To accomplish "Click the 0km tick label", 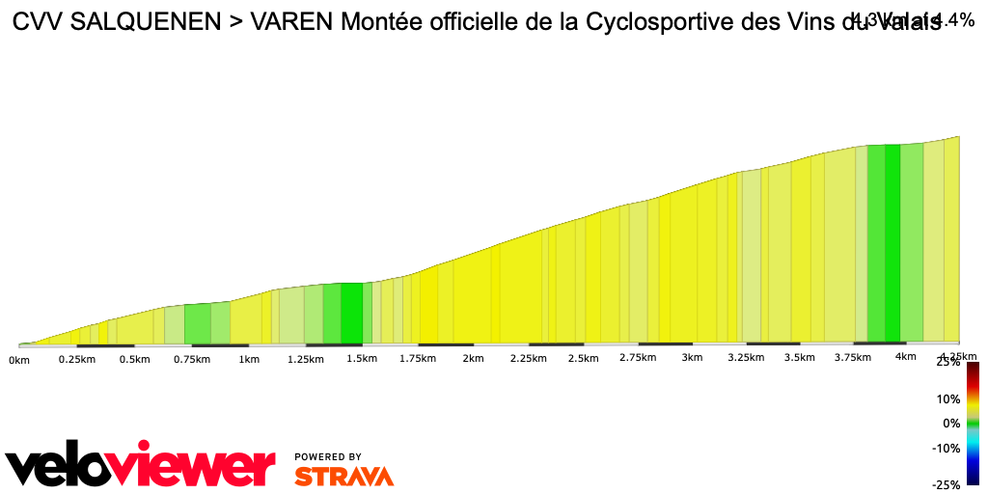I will [x=18, y=360].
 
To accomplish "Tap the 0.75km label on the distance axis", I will [x=191, y=360].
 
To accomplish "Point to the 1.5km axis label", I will [x=361, y=359].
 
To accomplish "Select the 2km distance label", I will [x=473, y=359].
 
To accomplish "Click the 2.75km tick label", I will [x=638, y=358].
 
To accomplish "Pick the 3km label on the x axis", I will [x=692, y=358].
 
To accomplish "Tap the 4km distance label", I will [x=905, y=357].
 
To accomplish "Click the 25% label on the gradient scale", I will [x=949, y=362].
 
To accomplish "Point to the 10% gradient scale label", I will [x=949, y=398].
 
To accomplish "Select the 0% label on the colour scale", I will [x=952, y=423].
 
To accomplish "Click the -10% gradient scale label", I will [x=947, y=448].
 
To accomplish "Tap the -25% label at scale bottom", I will [x=947, y=484].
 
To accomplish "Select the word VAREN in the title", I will [x=291, y=24].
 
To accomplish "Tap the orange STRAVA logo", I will [x=343, y=477].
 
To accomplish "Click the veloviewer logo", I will [x=141, y=467].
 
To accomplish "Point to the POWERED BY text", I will [x=328, y=456].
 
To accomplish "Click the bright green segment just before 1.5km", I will [x=351, y=313].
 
